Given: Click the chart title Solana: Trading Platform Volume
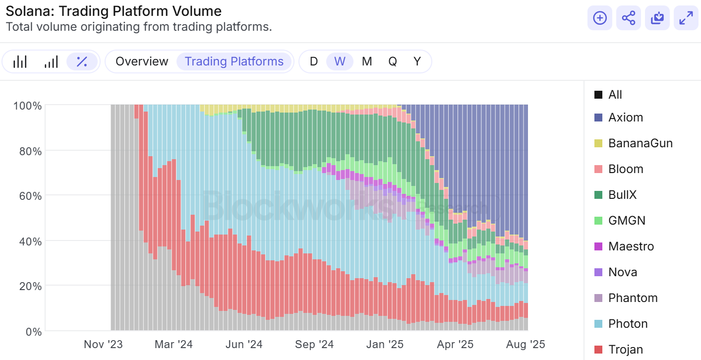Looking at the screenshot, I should click(114, 11).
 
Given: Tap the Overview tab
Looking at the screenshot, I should click(142, 61).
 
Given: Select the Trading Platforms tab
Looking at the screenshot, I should click(234, 61).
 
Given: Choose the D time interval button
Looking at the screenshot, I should click(314, 61).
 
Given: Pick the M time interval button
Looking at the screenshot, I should click(367, 61).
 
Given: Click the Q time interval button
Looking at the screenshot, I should click(393, 61).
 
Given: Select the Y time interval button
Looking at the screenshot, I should click(417, 61).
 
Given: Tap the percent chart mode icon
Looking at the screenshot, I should click(82, 61).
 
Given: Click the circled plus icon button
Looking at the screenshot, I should click(600, 18).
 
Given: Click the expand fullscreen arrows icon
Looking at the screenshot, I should click(686, 18).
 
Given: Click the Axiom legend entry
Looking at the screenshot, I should click(626, 118).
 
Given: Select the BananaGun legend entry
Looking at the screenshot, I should click(641, 143).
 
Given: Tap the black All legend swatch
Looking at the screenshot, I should click(598, 95).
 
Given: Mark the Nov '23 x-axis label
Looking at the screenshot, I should click(103, 344).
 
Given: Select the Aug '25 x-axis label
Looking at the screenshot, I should click(526, 344).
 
